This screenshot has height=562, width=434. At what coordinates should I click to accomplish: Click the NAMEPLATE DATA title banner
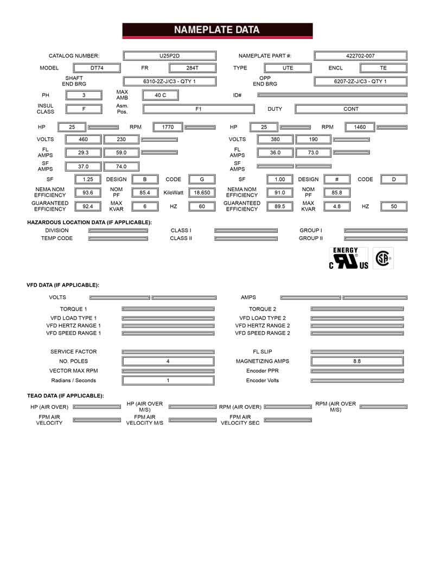tap(217, 30)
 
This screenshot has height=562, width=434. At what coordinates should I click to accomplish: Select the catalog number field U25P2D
tap(170, 56)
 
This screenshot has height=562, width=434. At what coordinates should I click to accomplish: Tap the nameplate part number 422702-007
tap(360, 56)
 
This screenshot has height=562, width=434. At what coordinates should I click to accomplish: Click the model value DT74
tap(97, 68)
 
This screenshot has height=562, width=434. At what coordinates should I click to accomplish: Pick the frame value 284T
tap(193, 68)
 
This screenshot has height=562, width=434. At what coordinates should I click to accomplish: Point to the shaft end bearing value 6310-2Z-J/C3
tap(169, 81)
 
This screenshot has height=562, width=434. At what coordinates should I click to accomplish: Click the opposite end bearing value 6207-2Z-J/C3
tap(360, 81)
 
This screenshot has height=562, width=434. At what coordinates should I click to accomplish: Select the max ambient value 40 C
tap(161, 95)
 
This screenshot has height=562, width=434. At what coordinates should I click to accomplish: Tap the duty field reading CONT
tap(351, 109)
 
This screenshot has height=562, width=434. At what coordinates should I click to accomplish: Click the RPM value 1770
tap(168, 127)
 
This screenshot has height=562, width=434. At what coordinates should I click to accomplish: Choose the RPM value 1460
tap(360, 127)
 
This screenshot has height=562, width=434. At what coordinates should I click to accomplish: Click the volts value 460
tap(83, 140)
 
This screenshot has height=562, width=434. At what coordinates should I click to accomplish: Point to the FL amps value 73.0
tap(313, 153)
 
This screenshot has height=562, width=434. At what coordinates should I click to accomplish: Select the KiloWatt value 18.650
tap(202, 193)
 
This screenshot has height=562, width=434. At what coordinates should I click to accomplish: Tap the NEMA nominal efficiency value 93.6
tap(87, 193)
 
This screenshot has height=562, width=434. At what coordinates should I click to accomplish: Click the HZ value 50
tap(394, 206)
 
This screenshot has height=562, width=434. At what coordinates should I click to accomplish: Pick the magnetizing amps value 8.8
tap(356, 361)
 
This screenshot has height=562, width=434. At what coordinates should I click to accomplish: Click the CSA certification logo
tap(382, 258)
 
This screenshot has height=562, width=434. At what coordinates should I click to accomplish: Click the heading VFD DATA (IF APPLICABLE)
tap(63, 285)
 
